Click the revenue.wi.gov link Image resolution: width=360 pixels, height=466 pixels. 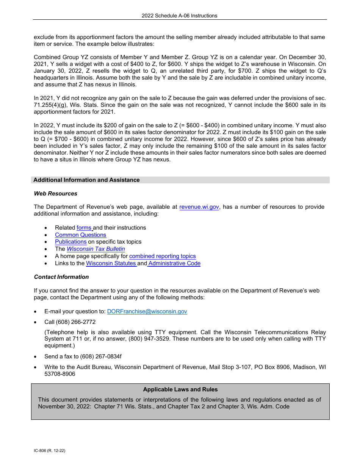[199, 207]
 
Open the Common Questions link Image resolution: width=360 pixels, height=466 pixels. [80, 235]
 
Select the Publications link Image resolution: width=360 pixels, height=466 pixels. [71, 242]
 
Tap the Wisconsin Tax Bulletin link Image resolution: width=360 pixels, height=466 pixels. [95, 249]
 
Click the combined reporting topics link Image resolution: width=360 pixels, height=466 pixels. [162, 256]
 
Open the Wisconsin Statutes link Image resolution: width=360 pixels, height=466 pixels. [111, 263]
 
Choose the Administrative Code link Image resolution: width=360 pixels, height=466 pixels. [174, 263]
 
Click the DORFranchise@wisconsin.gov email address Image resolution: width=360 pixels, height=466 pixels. [147, 311]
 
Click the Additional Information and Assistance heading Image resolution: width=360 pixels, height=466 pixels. [86, 180]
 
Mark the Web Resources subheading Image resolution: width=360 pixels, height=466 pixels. [56, 194]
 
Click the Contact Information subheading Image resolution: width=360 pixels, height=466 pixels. [61, 277]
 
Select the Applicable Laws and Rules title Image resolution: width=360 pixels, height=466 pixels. [180, 389]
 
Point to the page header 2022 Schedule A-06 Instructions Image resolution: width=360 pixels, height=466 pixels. [180, 16]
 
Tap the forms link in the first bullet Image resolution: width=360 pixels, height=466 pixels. [84, 228]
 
